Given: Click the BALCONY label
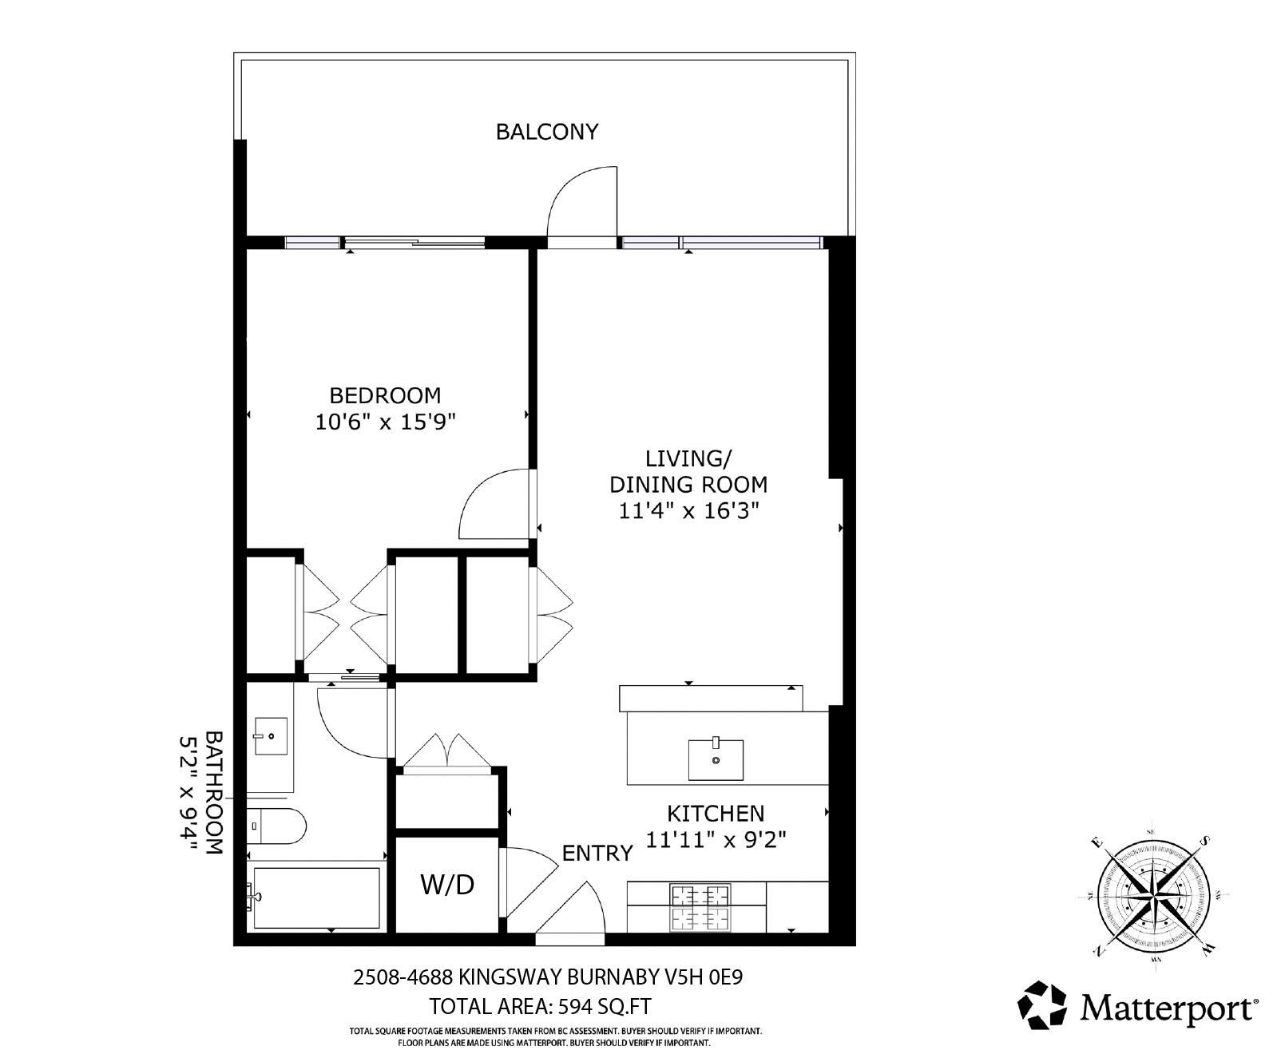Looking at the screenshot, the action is [x=547, y=132].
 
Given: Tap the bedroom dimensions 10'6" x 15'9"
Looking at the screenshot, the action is [x=385, y=422].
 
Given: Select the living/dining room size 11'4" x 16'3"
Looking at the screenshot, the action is [x=688, y=510].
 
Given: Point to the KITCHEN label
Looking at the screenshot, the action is [x=715, y=813].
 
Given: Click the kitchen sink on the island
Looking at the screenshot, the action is [x=716, y=759].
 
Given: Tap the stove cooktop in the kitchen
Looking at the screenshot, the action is [x=700, y=908].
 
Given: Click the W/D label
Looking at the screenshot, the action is [x=447, y=885].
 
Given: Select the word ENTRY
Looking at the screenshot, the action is [x=597, y=854].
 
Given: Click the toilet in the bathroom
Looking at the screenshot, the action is [x=276, y=826].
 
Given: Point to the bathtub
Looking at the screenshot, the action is [x=316, y=898].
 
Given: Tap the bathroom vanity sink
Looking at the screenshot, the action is [x=271, y=735].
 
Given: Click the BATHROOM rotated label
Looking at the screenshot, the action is [x=214, y=792].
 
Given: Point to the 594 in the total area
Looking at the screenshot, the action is [x=576, y=1006].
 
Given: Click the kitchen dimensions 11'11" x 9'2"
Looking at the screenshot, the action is [x=716, y=840].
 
